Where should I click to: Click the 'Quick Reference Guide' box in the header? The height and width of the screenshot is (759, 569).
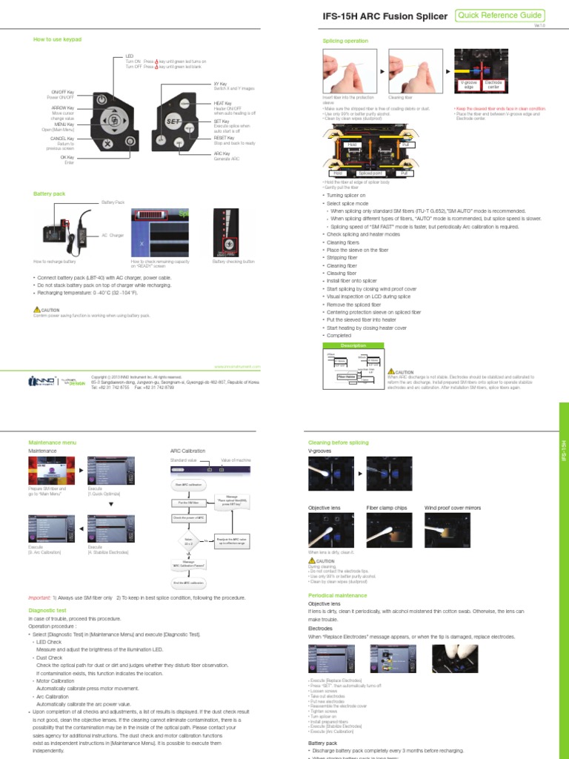click(501, 16)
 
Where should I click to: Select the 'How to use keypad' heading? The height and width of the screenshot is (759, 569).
click(58, 39)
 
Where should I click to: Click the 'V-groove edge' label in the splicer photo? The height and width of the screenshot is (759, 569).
click(468, 84)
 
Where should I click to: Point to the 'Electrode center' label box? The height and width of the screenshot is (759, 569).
click(493, 84)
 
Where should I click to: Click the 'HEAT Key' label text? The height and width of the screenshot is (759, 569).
click(223, 104)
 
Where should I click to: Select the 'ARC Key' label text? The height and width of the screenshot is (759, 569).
click(222, 153)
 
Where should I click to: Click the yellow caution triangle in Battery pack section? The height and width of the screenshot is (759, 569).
click(37, 309)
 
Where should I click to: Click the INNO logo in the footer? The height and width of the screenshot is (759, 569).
click(41, 380)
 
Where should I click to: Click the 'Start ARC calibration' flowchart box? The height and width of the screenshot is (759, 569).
click(188, 484)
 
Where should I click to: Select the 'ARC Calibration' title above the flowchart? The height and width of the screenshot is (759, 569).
click(187, 450)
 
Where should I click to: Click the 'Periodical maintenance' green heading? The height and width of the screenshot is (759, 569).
click(337, 595)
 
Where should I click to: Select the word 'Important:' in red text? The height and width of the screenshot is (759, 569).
click(39, 597)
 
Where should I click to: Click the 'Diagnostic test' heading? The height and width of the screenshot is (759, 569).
click(47, 610)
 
